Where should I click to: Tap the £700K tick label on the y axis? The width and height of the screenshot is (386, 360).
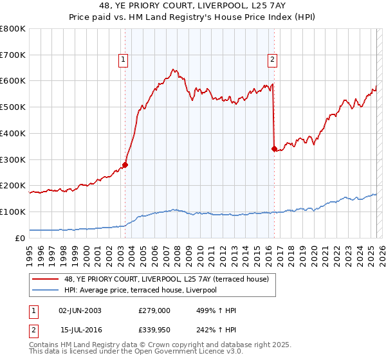coord(13,55)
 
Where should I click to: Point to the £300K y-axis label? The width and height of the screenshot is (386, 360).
coord(13,159)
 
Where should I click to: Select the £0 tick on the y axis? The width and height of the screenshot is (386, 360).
coord(19,238)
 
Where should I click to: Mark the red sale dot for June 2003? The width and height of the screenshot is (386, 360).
coord(125,165)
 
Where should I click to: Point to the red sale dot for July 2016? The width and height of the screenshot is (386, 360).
coord(274,148)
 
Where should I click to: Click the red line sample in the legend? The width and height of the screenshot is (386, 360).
coord(46,278)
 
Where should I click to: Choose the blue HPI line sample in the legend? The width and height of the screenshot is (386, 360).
coord(46,289)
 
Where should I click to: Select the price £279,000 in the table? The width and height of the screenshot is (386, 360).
coord(154,310)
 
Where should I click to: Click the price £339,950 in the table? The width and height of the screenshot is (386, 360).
coord(154,329)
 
